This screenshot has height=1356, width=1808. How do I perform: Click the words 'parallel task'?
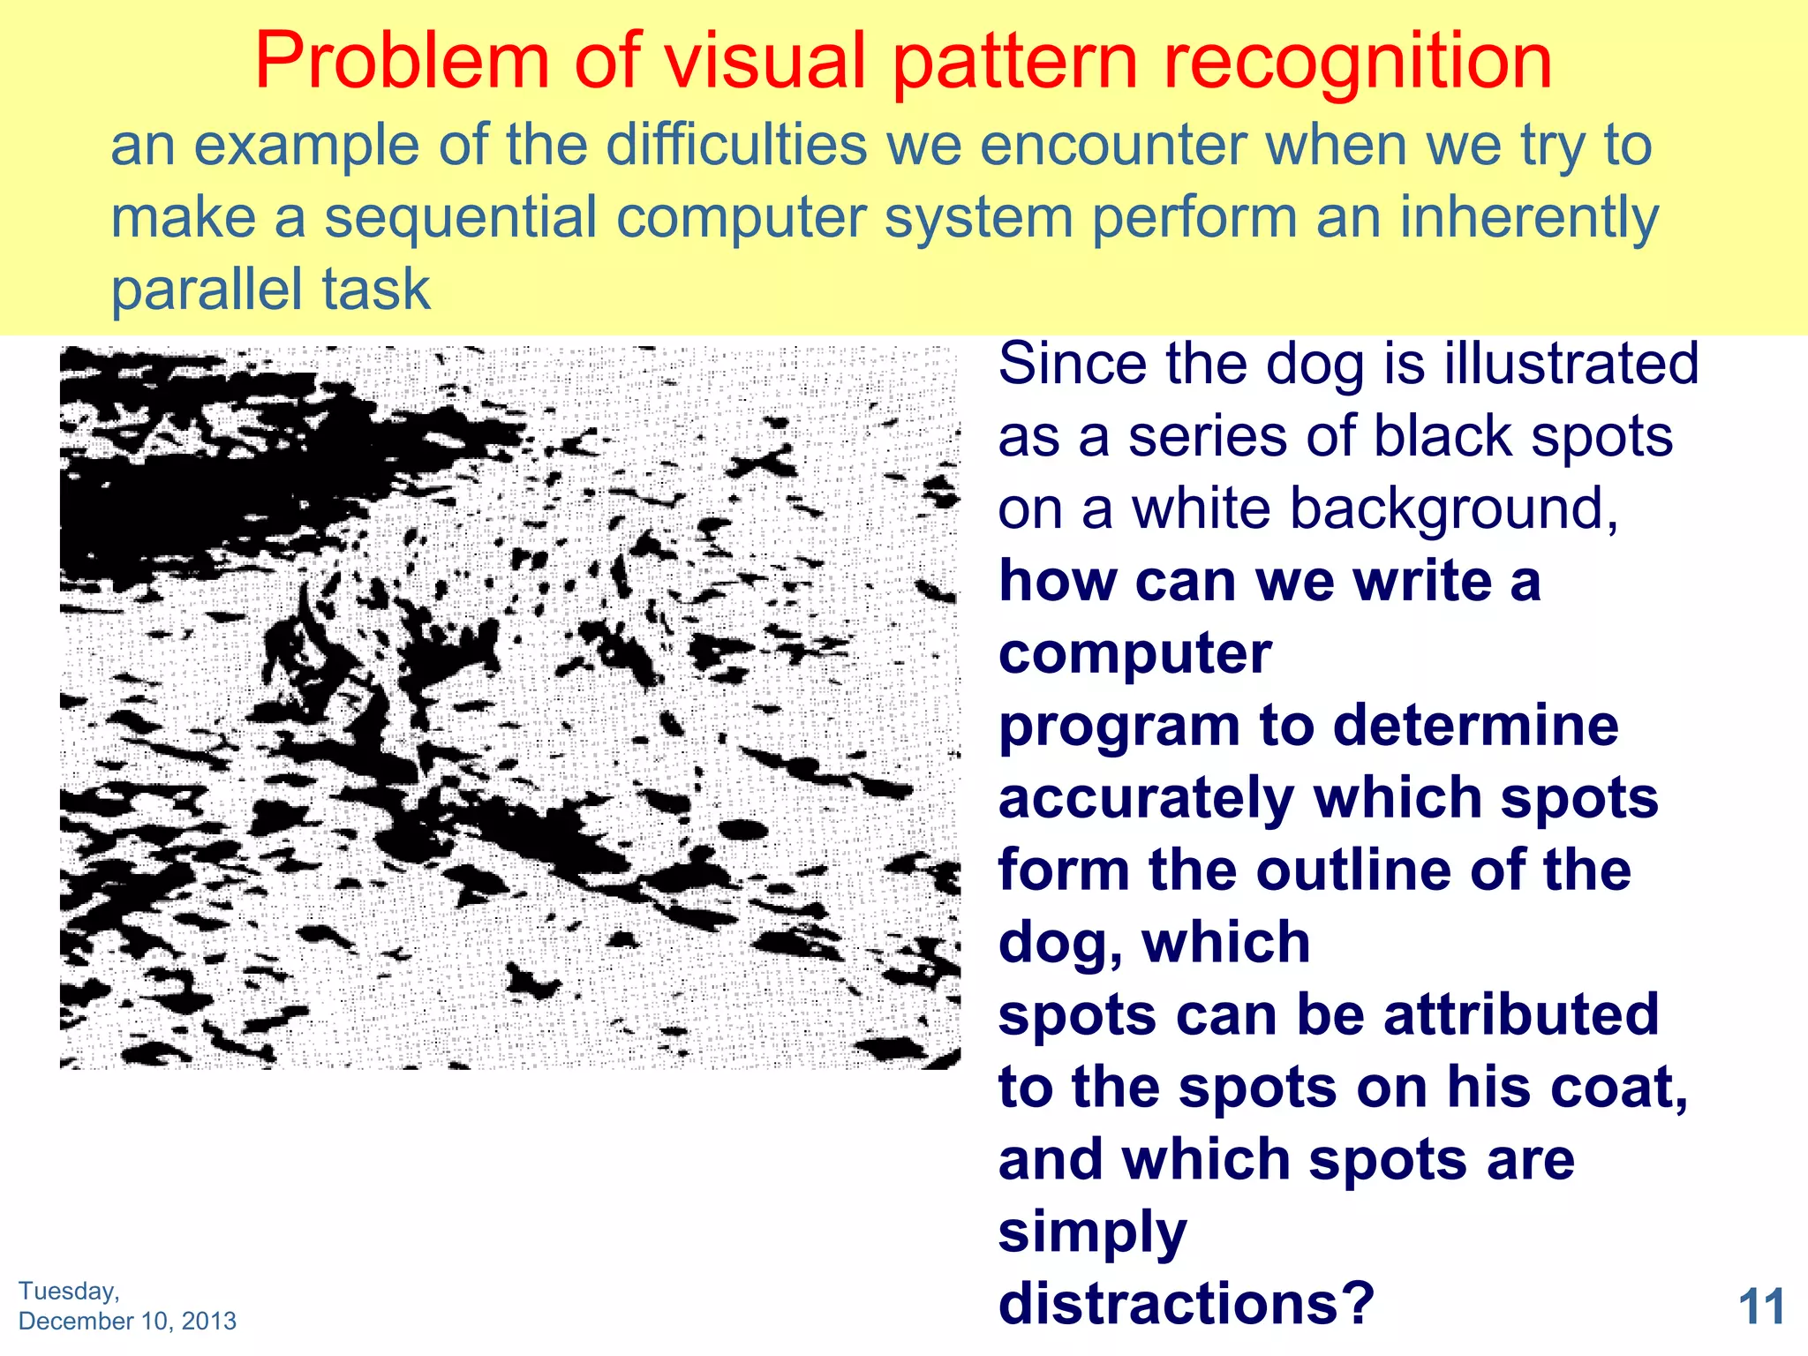point(270,290)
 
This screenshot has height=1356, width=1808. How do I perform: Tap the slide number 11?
point(1761,1307)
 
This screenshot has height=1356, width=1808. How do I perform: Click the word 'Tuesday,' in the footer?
point(69,1291)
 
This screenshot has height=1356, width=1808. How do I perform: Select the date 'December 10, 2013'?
point(127,1321)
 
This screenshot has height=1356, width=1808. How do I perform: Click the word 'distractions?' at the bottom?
point(1186,1303)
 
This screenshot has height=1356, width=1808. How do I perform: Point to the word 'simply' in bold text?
point(1093,1232)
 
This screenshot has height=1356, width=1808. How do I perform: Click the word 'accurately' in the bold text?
point(1145,799)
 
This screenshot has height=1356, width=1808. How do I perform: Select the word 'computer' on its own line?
point(1134,653)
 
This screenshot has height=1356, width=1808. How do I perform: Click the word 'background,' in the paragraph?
point(1375,509)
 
